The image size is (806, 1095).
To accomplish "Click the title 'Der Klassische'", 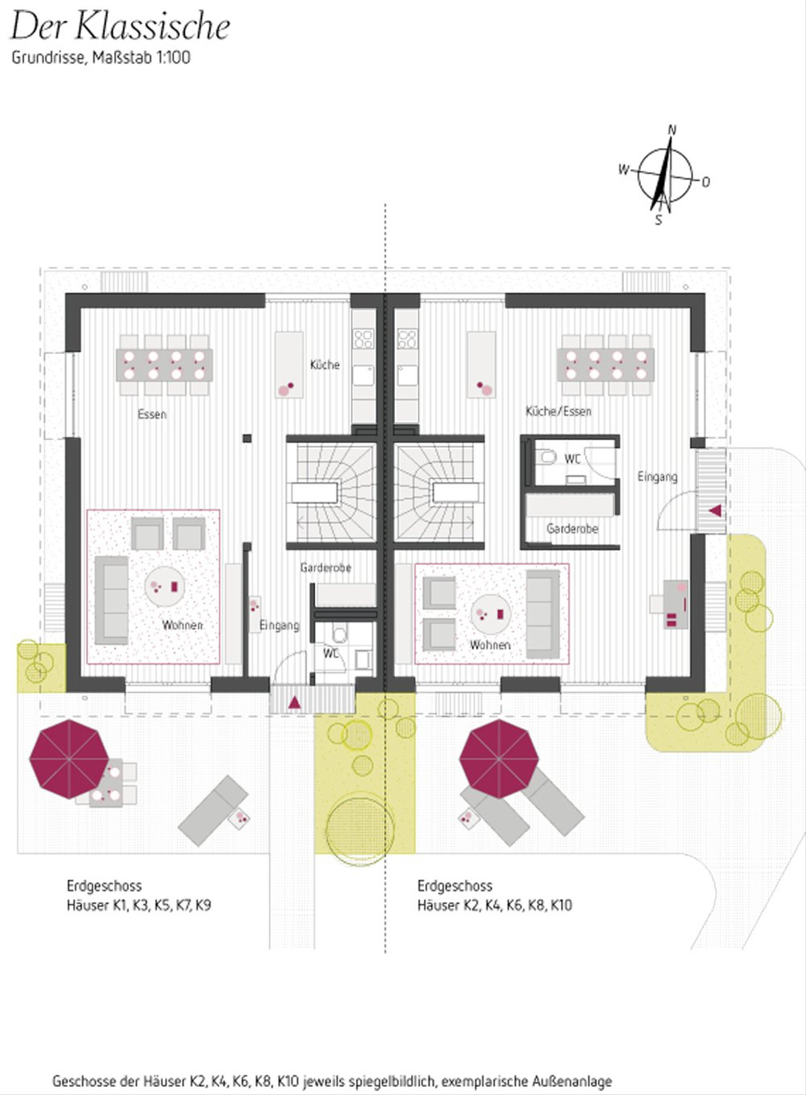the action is pos(120,28).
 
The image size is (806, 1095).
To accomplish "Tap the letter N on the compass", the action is pos(672,130).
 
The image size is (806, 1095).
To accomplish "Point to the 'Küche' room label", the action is pos(325,365).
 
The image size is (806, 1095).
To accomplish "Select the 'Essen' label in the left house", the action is pos(152,414).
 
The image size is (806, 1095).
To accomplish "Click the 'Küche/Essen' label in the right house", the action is pos(559,412).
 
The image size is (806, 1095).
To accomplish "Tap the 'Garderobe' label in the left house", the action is pos(326,568).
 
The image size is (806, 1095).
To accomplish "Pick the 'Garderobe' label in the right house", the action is pos(572,529).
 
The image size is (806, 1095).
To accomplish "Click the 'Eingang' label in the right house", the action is pos(658,476).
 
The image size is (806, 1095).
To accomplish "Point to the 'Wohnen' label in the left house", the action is pos(182,625).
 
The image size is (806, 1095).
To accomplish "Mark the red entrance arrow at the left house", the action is pos(294,703).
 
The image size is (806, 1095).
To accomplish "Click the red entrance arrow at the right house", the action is pos(715,511).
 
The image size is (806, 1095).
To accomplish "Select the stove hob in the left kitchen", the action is pos(363,339).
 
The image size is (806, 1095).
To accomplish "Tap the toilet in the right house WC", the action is pos(549,457).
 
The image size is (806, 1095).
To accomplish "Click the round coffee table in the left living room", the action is pos(165,586).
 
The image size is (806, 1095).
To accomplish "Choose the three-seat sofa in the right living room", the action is pos(543,614).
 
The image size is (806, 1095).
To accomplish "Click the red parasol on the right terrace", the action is pos(498,758).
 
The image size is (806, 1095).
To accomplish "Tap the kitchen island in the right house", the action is pos(482,365).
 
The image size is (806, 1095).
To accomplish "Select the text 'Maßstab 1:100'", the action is pos(141,58).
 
